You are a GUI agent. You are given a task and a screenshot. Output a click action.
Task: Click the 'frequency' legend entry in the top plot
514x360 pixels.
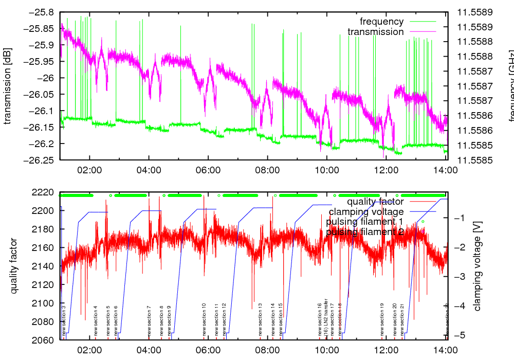(x=381, y=22)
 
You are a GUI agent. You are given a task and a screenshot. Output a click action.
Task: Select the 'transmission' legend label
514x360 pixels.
(x=376, y=32)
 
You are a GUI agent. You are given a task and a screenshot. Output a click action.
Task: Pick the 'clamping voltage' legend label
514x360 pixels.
(x=366, y=212)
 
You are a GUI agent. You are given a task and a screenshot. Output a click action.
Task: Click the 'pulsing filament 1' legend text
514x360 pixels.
(x=364, y=222)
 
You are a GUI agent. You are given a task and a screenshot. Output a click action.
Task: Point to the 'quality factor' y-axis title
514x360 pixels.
(x=14, y=266)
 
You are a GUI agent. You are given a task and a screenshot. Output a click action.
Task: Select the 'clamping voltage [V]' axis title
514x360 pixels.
(x=478, y=266)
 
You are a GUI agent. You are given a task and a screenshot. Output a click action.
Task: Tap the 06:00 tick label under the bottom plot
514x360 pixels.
(x=208, y=350)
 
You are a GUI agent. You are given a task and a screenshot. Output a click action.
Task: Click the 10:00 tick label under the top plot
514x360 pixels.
(x=326, y=170)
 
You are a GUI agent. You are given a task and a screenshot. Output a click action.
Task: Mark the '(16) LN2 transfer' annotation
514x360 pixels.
(x=326, y=320)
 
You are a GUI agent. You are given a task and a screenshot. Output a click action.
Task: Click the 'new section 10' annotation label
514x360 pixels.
(x=204, y=320)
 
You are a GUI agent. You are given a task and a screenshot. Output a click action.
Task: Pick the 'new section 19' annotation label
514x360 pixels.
(x=382, y=320)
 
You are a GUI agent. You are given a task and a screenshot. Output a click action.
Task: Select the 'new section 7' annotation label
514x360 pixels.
(x=149, y=320)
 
